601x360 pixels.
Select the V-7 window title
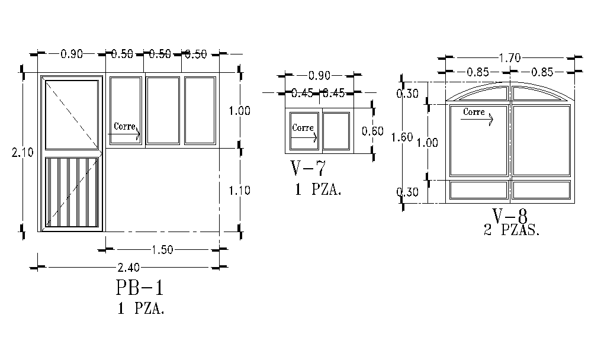[308, 169]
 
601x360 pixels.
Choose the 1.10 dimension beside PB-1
[239, 190]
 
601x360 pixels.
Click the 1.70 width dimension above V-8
[509, 58]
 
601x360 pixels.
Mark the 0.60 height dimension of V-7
[372, 131]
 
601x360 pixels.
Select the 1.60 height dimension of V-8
[402, 137]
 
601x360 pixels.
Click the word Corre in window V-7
[303, 127]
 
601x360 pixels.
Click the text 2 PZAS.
[512, 231]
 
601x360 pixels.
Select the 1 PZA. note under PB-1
[140, 308]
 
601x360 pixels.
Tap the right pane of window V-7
[336, 130]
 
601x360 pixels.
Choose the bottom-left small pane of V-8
[478, 189]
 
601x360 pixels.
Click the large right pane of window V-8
[541, 140]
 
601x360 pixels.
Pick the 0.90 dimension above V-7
[319, 75]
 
